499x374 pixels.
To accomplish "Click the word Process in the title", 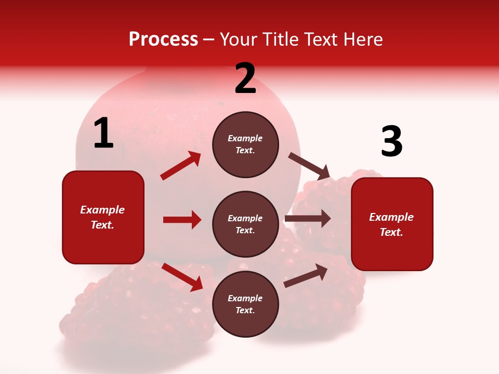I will tap(163, 39).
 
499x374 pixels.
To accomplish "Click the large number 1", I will tap(103, 133).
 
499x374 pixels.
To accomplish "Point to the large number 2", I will tap(245, 78).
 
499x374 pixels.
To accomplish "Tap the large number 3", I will tap(391, 142).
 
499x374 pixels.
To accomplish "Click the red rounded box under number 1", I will tap(103, 217).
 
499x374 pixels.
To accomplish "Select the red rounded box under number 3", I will tap(392, 224).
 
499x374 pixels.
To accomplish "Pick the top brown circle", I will tap(245, 144).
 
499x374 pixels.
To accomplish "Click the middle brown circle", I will tap(245, 224).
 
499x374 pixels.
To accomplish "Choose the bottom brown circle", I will tap(245, 304).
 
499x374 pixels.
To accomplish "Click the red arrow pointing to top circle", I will tap(181, 166).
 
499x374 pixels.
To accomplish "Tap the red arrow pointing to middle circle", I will tap(182, 220).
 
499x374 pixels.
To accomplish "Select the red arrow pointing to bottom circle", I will tap(182, 277).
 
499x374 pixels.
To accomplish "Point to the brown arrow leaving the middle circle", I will tap(307, 219).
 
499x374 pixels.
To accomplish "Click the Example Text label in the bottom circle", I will tap(245, 304).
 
